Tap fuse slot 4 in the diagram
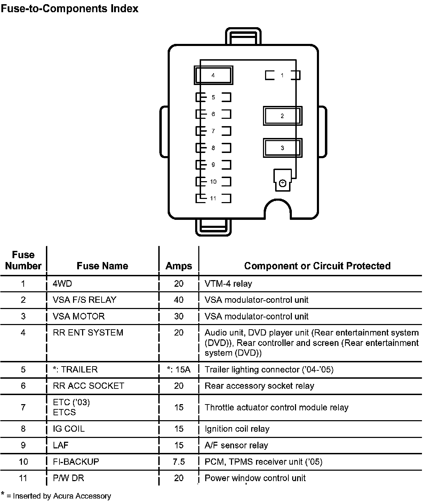[x=213, y=75]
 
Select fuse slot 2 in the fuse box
[x=282, y=116]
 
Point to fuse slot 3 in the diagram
[x=282, y=148]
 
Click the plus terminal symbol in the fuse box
[x=282, y=183]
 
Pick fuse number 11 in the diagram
[x=213, y=199]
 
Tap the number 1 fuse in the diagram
[x=282, y=75]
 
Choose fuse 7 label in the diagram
[x=213, y=131]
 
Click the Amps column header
[x=178, y=266]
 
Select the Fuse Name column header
[x=102, y=266]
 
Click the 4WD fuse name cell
[x=62, y=284]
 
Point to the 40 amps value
[x=178, y=300]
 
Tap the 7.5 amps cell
[x=178, y=462]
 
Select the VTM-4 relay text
[x=228, y=284]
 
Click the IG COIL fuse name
[x=69, y=429]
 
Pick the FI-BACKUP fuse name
[x=76, y=462]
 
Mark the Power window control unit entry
[x=255, y=478]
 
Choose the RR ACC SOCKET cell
[x=88, y=386]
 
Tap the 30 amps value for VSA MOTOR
[x=178, y=316]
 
